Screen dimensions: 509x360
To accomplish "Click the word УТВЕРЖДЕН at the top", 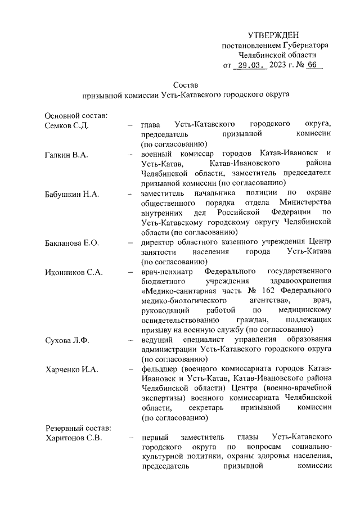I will pos(273,35).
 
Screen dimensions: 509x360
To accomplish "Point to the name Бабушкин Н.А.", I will pos(72,194).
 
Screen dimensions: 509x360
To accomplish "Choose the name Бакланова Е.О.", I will pos(72,243).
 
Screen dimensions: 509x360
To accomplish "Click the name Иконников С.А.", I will pos(73,272).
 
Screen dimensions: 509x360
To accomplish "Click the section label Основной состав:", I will pos(76,115).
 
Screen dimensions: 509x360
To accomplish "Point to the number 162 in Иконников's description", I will pos(263,291).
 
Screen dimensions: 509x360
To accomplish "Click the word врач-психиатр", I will pos(167,272).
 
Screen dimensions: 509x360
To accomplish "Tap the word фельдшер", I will pos(160,370).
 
